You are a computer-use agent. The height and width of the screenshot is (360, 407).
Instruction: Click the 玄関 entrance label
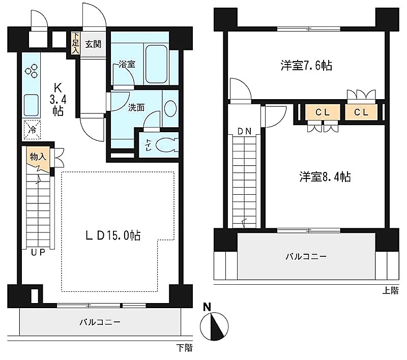pyautogui.click(x=93, y=44)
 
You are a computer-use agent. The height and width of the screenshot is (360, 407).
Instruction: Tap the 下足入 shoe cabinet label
pyautogui.click(x=75, y=43)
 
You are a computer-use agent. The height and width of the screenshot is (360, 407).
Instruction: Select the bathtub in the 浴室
pyautogui.click(x=156, y=65)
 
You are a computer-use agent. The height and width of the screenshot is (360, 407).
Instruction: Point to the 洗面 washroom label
pyautogui.click(x=136, y=107)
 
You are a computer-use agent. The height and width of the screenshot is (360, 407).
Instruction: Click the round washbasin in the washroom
pyautogui.click(x=170, y=108)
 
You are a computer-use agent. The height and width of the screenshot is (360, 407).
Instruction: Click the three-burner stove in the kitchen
pyautogui.click(x=32, y=71)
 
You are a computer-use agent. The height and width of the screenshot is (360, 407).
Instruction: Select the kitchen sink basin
pyautogui.click(x=31, y=105)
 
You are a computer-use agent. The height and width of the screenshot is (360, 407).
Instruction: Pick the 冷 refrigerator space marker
pyautogui.click(x=32, y=130)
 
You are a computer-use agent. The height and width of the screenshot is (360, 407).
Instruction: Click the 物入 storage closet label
pyautogui.click(x=38, y=157)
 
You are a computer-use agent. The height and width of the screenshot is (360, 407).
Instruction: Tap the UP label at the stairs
pyautogui.click(x=38, y=252)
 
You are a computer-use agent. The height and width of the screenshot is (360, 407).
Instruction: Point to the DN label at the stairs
pyautogui.click(x=245, y=132)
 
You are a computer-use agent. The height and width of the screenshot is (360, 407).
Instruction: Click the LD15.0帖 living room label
pyautogui.click(x=113, y=235)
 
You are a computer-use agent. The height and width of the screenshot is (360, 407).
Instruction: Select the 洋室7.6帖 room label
pyautogui.click(x=306, y=66)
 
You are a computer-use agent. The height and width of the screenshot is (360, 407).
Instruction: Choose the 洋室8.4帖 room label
pyautogui.click(x=325, y=176)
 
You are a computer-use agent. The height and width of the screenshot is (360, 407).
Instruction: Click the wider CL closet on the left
pyautogui.click(x=323, y=112)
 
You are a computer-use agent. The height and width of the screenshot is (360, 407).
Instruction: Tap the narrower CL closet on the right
pyautogui.click(x=361, y=112)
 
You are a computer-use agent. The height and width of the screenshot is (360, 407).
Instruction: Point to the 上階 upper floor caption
pyautogui.click(x=390, y=291)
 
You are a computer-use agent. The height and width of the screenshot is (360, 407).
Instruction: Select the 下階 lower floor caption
pyautogui.click(x=185, y=348)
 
